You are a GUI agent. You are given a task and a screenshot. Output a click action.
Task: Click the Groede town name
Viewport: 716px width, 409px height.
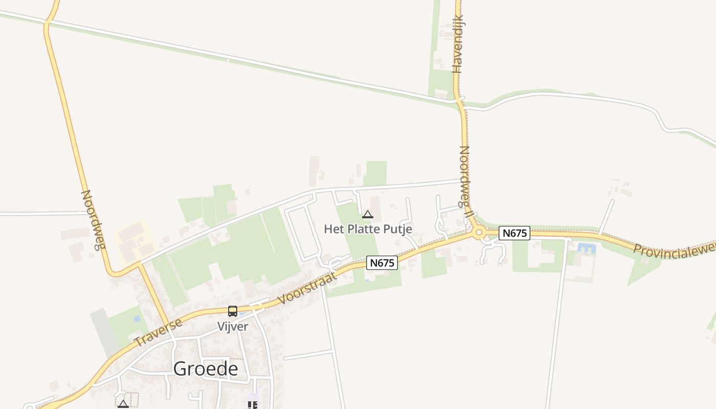(206, 369)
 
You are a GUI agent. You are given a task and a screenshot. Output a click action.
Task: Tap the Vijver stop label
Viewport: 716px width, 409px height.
(233, 327)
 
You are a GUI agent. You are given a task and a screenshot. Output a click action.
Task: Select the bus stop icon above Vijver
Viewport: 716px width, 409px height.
(233, 311)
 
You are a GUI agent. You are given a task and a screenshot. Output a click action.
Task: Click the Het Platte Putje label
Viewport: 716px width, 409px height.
(368, 229)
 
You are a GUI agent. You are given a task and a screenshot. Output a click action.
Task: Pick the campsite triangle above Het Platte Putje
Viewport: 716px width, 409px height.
(368, 215)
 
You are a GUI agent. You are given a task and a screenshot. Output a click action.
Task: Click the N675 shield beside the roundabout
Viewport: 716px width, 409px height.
(514, 233)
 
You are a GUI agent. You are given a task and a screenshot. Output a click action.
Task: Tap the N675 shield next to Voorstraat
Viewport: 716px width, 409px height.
(382, 263)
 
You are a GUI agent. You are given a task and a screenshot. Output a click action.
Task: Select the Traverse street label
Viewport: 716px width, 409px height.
(158, 333)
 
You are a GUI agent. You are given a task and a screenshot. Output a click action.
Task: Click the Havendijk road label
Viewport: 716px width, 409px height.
(458, 44)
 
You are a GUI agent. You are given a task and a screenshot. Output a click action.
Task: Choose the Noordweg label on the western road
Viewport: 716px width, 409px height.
(93, 220)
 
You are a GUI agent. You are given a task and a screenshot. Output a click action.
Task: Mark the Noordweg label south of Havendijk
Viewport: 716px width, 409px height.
(465, 181)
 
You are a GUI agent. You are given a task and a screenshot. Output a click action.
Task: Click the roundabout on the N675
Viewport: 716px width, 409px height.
(479, 233)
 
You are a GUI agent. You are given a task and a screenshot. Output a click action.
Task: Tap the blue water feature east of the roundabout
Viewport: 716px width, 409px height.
(587, 248)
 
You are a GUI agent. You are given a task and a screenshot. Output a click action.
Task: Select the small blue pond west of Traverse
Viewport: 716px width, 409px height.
(137, 319)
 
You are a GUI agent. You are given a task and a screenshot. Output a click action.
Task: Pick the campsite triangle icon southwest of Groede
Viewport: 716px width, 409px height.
(123, 404)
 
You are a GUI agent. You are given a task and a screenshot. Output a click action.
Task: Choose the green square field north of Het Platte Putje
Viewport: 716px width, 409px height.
(376, 173)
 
